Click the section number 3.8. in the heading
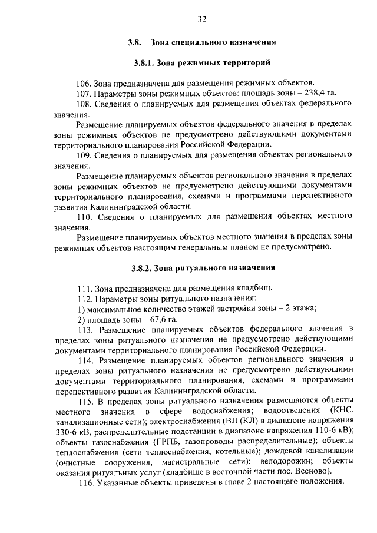point(135,42)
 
